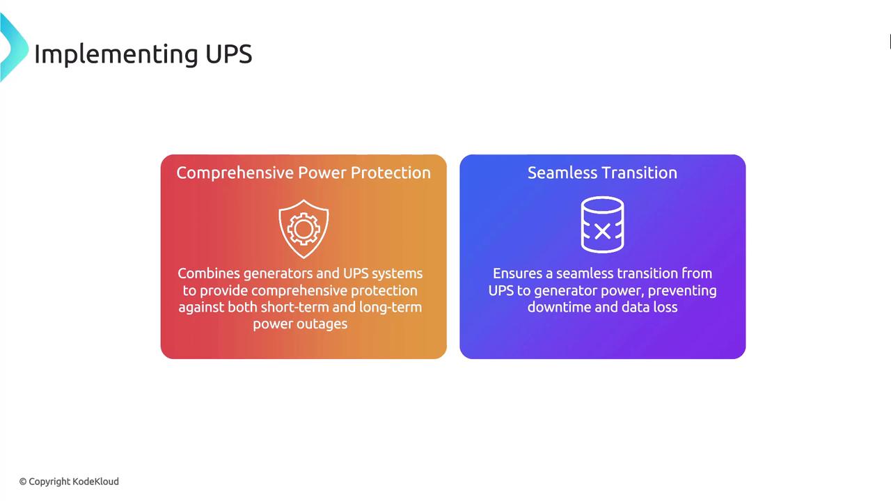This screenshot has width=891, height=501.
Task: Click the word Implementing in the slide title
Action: [x=116, y=54]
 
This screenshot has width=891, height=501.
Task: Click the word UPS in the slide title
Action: [x=229, y=54]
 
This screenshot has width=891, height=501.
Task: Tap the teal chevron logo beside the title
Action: [x=14, y=47]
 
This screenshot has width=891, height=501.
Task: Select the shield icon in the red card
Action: [x=303, y=229]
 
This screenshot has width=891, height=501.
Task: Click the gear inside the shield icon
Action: [x=303, y=229]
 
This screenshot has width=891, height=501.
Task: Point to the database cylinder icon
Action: [x=602, y=225]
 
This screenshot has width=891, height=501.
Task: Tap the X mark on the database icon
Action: [x=602, y=231]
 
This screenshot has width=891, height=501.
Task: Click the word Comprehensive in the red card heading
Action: [x=235, y=173]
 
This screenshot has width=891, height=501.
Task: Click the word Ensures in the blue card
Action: [x=517, y=273]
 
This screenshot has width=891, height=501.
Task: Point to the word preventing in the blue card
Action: [x=682, y=292]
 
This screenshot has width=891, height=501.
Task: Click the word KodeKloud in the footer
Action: [x=96, y=482]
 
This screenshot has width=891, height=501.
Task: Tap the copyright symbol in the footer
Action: [x=23, y=482]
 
